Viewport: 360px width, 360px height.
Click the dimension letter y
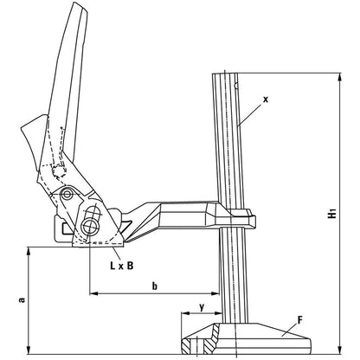tap(202, 305)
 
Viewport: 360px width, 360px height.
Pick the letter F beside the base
tap(299, 320)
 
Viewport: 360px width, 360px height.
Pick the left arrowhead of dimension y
tap(182, 315)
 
